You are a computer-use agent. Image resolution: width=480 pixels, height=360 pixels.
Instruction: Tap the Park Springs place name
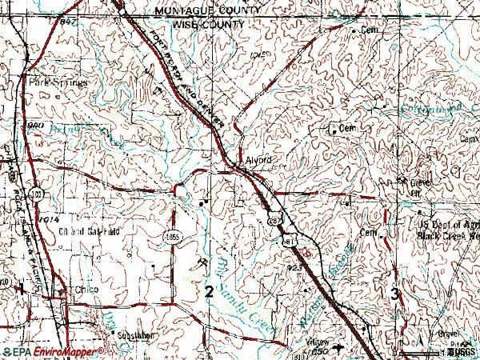coord(55,82)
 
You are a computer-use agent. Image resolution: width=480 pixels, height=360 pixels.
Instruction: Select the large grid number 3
coord(394,294)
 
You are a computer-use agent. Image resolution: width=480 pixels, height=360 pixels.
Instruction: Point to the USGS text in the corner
coord(462,352)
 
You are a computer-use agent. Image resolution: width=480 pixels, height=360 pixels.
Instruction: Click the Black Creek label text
coord(448,237)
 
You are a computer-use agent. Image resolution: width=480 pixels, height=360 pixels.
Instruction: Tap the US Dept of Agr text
coord(448,226)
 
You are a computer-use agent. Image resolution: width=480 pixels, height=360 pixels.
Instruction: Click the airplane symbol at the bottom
coord(342,349)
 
